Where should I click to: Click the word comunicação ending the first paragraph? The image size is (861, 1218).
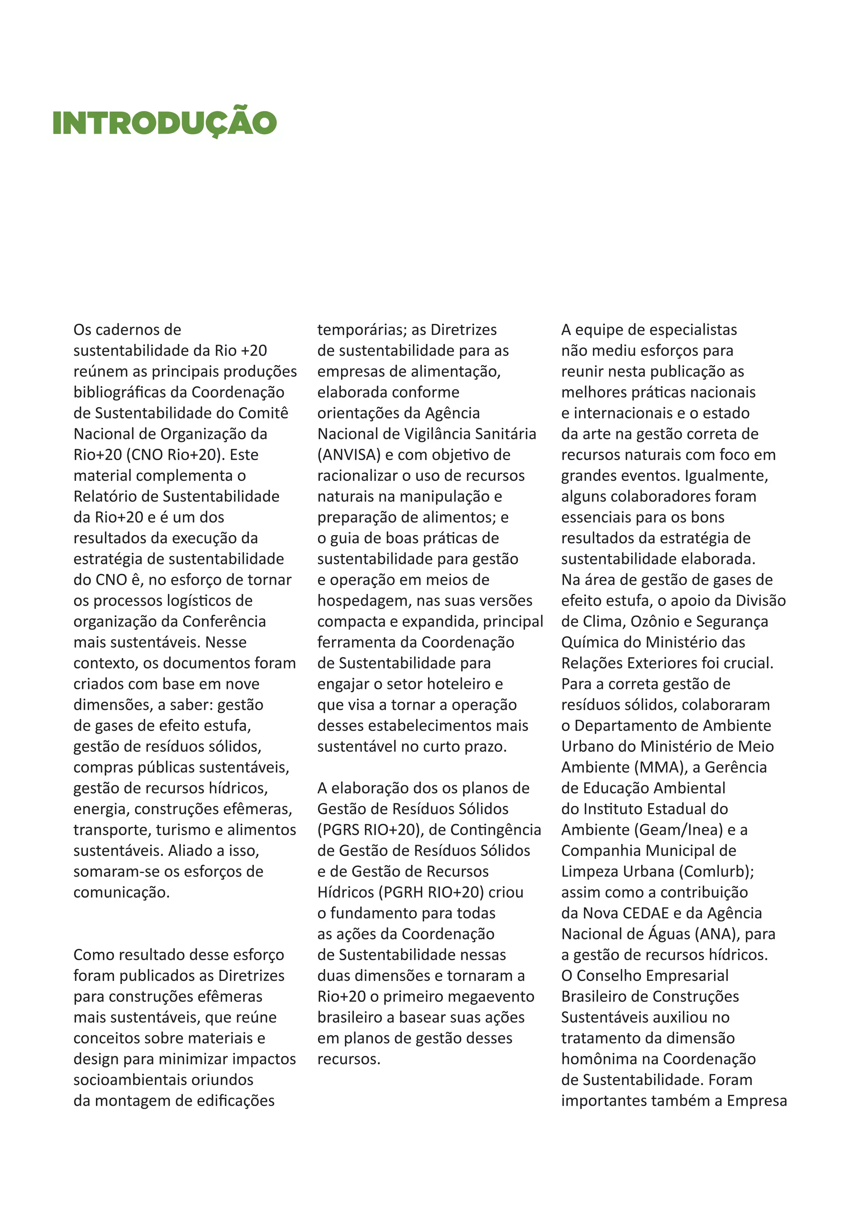[x=121, y=892]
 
